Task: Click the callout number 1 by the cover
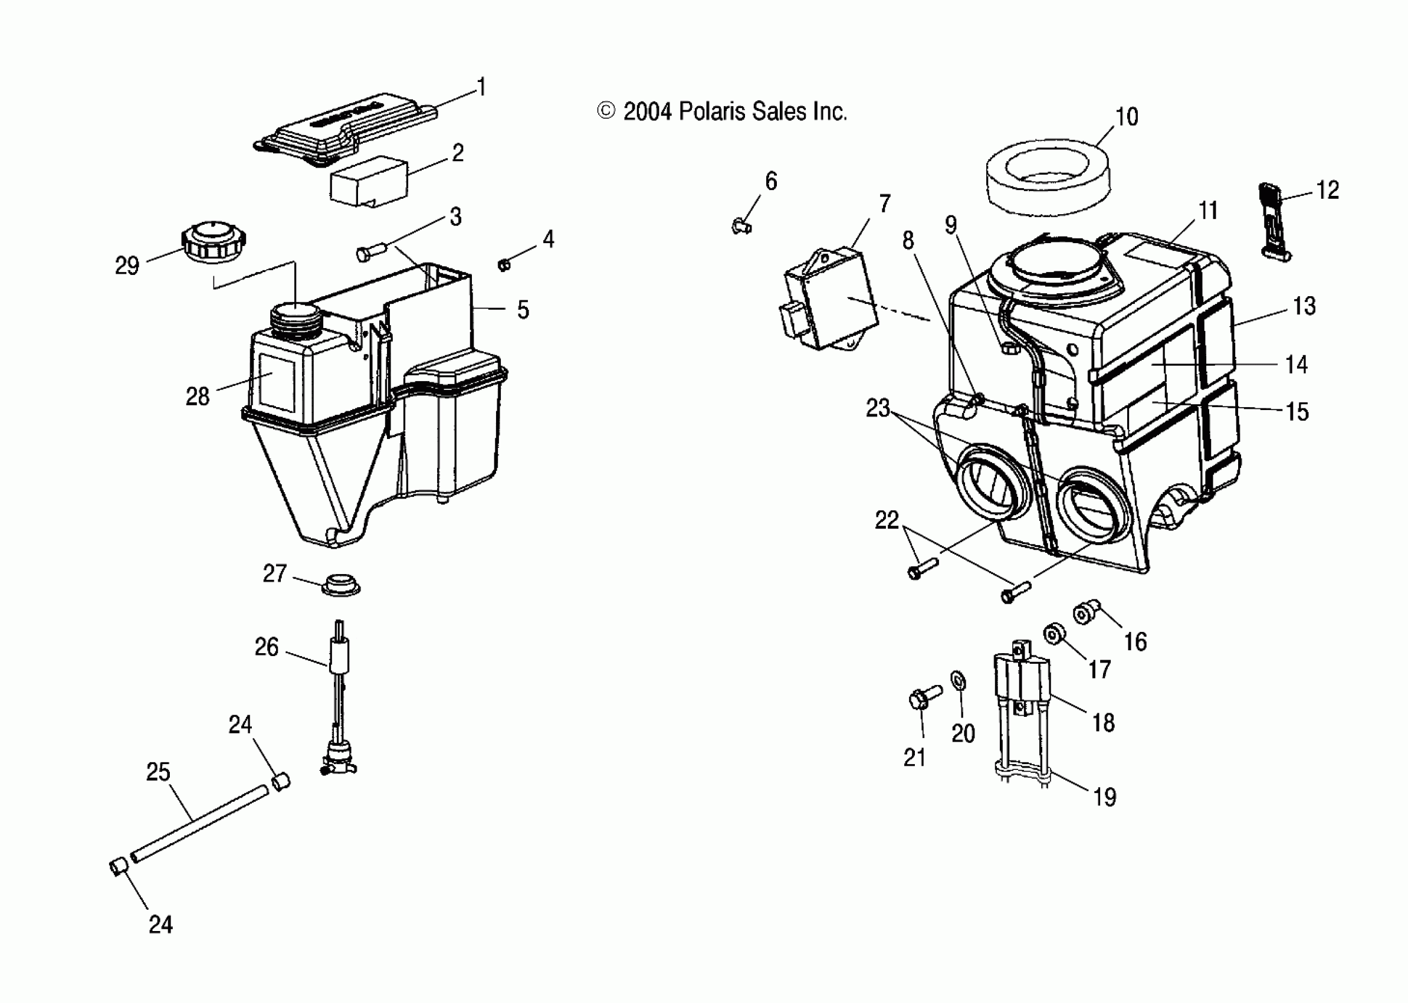coord(483,87)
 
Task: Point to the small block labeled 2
coord(369,180)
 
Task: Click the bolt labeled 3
coord(370,252)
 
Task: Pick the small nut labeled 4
coord(504,265)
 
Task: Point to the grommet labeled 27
coord(341,584)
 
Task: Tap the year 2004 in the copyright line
coord(646,112)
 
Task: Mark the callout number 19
coord(1105,796)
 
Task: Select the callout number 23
coord(878,408)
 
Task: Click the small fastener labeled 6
coord(741,227)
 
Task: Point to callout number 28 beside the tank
coord(198,396)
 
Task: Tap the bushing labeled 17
coord(1055,634)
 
